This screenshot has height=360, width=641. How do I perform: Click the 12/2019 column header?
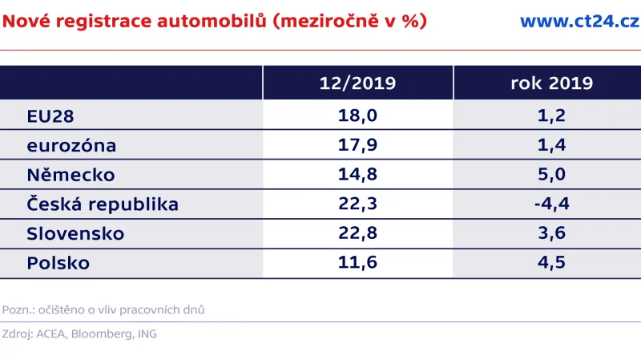click(357, 83)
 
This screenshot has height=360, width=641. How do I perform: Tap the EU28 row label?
click(50, 116)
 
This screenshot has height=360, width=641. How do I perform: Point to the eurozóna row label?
click(71, 146)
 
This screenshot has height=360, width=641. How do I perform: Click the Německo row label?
click(71, 175)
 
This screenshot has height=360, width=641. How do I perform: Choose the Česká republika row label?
click(103, 204)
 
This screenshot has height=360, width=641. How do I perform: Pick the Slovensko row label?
click(75, 233)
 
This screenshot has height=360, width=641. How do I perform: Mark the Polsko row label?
click(58, 263)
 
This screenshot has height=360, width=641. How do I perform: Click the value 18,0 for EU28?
click(357, 116)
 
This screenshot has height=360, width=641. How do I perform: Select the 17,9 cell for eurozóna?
click(357, 146)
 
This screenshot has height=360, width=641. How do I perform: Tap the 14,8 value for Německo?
click(357, 175)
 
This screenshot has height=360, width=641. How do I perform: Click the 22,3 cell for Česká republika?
click(357, 204)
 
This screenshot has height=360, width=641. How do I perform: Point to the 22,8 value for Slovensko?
click(357, 233)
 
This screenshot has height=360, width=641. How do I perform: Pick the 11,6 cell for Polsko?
click(357, 263)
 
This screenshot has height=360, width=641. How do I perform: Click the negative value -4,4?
click(550, 204)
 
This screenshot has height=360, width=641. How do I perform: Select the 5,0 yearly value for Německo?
click(551, 175)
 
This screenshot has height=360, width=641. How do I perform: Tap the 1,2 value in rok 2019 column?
click(551, 116)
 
